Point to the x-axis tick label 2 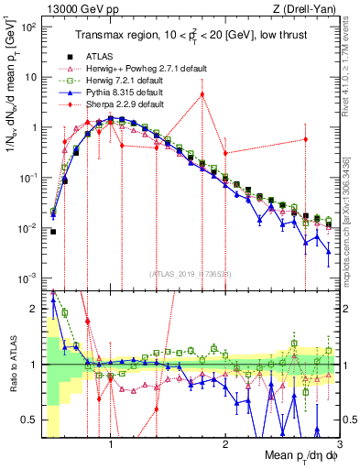click(225, 448)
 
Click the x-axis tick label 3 click(339, 448)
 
